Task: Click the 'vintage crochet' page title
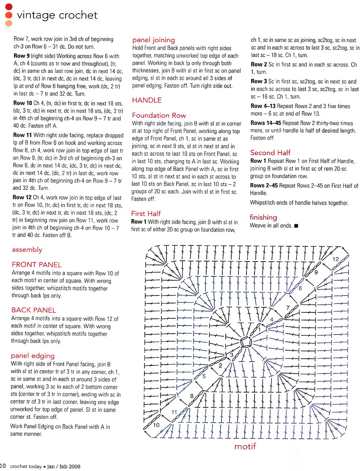57,15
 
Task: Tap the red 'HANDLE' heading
147,100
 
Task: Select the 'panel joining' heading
154,40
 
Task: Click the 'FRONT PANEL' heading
36,265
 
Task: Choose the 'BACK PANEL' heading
34,310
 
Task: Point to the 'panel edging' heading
33,355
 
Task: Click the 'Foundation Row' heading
159,115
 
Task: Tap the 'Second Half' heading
270,153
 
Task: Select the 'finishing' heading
263,217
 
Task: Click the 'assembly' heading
27,250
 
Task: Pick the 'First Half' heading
146,214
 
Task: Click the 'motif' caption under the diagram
245,446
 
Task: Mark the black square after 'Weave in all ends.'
296,226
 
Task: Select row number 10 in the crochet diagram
156,425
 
